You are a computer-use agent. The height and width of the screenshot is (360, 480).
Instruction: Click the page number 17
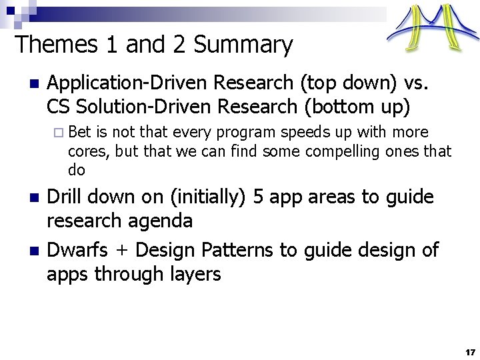tap(470, 351)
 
